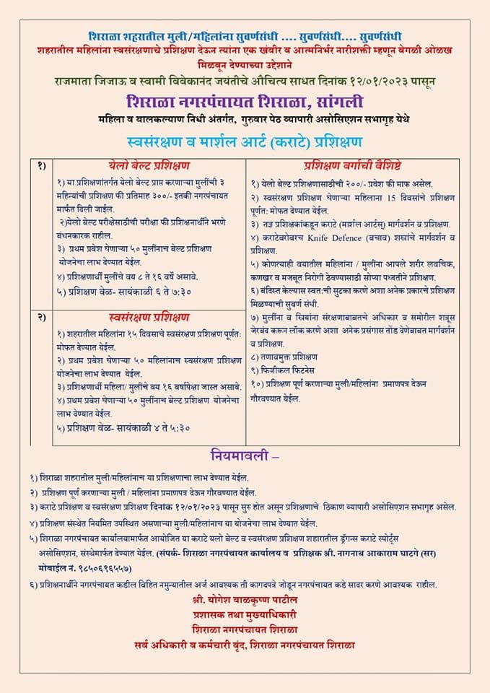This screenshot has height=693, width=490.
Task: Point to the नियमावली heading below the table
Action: point(243,456)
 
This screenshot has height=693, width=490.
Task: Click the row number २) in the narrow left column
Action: point(42,317)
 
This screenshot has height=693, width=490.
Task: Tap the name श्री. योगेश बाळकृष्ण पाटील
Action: point(245,601)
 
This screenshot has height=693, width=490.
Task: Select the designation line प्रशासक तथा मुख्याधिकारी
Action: point(245,616)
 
